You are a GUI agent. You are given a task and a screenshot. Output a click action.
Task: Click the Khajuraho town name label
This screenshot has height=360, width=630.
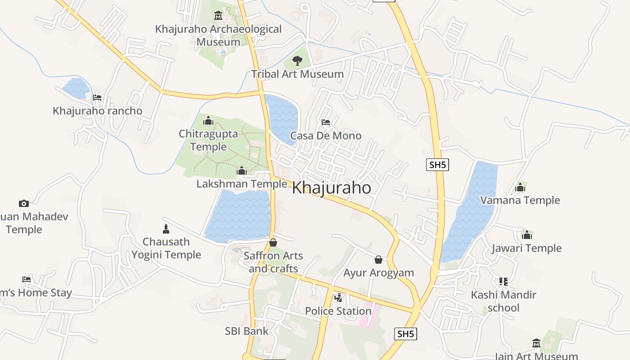point(332,188)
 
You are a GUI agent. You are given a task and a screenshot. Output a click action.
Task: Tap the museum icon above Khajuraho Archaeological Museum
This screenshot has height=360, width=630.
point(218,16)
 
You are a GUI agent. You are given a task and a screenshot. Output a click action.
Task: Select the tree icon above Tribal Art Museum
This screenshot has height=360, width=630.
point(297,60)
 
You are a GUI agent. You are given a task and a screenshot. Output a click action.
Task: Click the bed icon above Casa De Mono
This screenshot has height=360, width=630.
point(326,122)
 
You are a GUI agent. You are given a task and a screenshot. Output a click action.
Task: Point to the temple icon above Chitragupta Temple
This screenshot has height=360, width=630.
point(208,121)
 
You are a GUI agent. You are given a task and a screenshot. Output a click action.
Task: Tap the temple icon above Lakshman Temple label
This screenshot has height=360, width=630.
point(242,171)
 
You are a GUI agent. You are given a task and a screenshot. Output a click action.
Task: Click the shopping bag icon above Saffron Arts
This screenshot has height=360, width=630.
point(273,243)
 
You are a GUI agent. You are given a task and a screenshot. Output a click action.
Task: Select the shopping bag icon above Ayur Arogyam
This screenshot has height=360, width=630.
point(378,260)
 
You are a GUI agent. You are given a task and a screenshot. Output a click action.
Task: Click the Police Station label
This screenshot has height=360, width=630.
point(338,311)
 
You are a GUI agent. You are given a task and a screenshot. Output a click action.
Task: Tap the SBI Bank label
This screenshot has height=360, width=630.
point(247,331)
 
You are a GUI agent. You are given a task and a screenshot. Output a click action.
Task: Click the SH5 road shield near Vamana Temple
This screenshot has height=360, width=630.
point(437,165)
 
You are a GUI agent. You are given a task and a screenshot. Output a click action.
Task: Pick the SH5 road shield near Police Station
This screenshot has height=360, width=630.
point(405,334)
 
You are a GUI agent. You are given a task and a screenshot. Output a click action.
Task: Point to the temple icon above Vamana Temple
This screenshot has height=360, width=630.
point(520,187)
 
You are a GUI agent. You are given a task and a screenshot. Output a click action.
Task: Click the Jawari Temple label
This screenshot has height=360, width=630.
point(526,248)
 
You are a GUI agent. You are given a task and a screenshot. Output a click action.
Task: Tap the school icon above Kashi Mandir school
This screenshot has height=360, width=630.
point(503,282)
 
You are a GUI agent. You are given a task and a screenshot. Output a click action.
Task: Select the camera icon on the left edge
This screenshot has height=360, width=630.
point(24,203)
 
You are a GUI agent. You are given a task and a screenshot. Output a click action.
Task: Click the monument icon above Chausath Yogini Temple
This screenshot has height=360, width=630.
point(166,229)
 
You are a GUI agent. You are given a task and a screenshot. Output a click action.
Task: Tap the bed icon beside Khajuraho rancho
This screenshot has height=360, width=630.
point(97,97)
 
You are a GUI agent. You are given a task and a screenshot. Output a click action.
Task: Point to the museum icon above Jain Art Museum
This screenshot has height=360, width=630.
point(536,343)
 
